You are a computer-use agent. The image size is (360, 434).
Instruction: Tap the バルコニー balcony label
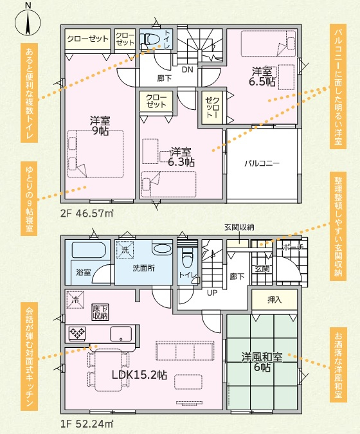click(262, 163)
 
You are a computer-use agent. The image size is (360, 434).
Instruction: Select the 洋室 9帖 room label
click(100, 125)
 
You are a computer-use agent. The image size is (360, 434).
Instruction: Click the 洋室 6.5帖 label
click(262, 77)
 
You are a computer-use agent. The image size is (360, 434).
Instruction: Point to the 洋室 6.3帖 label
click(181, 157)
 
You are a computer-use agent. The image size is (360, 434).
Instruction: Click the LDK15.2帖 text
click(139, 375)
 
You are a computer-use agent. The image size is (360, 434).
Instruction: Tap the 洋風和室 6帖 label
click(262, 362)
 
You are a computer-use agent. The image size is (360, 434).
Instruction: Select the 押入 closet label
click(274, 300)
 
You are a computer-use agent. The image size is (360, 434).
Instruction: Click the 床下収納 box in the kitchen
click(100, 312)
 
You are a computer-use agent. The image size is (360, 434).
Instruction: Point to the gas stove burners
click(77, 333)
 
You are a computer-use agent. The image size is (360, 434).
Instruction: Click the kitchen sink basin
click(121, 334)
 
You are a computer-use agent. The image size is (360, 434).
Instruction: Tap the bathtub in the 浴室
click(89, 249)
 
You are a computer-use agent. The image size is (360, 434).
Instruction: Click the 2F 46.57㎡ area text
click(87, 213)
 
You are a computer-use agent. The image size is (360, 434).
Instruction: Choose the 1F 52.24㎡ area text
click(87, 424)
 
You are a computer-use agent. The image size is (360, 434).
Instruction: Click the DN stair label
click(187, 69)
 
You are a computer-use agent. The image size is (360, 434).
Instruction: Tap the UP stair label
click(212, 293)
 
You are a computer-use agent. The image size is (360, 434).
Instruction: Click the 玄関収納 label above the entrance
click(239, 228)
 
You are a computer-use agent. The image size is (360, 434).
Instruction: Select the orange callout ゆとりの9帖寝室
click(29, 199)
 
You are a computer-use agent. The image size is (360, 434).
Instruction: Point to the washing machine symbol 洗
click(125, 249)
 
